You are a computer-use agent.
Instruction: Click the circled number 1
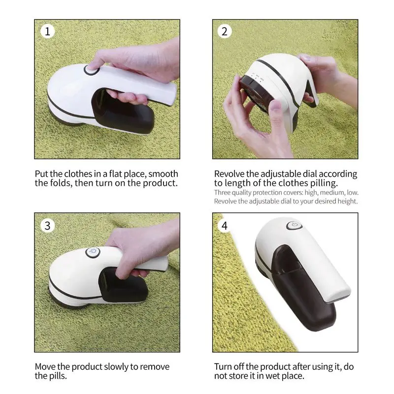[47, 32]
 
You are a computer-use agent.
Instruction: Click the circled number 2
[225, 32]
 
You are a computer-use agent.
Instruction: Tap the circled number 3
[47, 226]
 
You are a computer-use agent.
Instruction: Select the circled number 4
[225, 226]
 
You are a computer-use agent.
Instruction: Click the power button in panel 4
[294, 225]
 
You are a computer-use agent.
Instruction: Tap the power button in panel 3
[93, 252]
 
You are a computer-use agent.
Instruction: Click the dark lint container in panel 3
[124, 285]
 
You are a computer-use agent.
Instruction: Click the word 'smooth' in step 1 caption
[163, 174]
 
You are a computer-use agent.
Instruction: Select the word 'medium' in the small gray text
[331, 193]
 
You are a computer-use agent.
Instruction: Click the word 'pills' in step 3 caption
[57, 376]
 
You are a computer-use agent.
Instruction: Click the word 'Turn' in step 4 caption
[223, 366]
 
